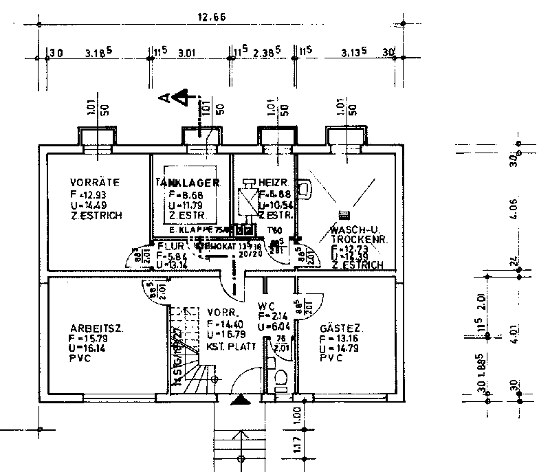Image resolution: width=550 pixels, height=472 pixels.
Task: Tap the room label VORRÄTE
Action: [x=95, y=183]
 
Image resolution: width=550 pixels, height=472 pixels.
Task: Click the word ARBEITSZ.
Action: [x=96, y=328]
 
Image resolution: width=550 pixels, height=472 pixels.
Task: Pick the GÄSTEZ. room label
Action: [x=341, y=328]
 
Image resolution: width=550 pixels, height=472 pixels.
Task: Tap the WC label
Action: [x=267, y=306]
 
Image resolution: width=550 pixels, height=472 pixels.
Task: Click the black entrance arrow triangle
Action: [x=240, y=399]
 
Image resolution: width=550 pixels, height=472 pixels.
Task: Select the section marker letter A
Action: [x=164, y=98]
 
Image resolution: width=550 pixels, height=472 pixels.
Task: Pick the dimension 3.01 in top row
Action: [x=187, y=52]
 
